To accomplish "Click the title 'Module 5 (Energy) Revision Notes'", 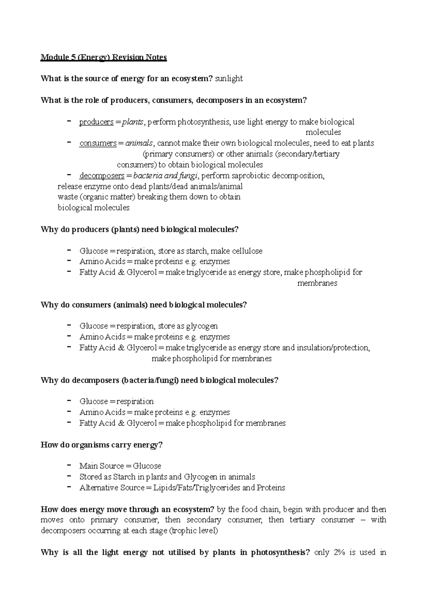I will click(x=104, y=57).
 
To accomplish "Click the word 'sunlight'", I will click(x=229, y=79).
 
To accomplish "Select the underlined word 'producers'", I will click(x=96, y=122).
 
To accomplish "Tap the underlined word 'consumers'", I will click(x=98, y=143).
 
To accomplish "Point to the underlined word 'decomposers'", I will click(x=102, y=176).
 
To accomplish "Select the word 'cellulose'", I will click(x=247, y=251).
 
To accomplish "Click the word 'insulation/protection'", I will click(x=333, y=348).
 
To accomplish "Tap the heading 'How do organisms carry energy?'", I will click(x=101, y=445).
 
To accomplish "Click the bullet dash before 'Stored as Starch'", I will click(x=69, y=476).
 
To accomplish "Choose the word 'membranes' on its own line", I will click(x=317, y=284).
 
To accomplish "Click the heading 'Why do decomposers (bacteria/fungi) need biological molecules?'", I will click(x=159, y=380).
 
